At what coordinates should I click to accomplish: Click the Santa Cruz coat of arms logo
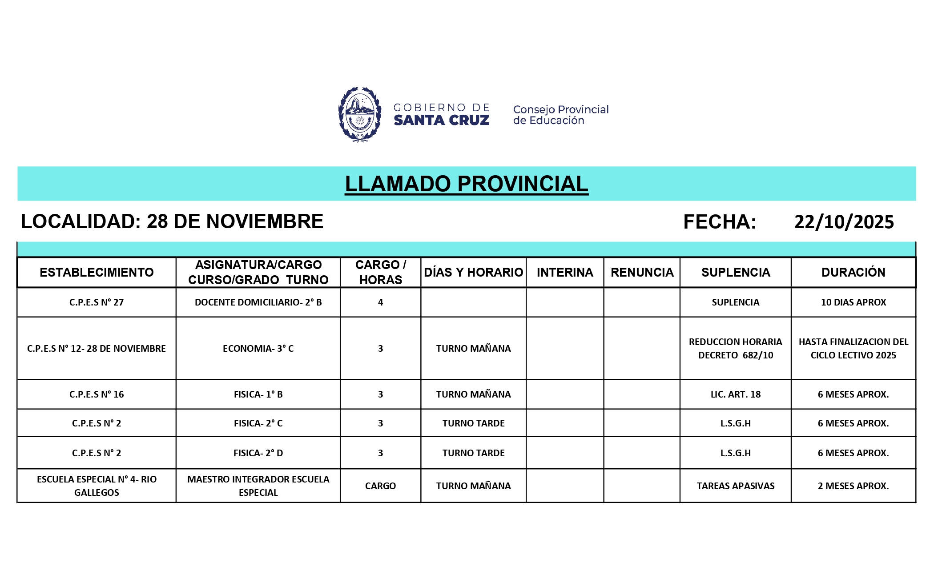click(x=359, y=114)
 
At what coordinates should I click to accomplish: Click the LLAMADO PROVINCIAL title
click(x=466, y=184)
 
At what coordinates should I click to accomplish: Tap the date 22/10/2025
click(x=844, y=222)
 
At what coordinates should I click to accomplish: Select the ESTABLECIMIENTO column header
click(x=97, y=272)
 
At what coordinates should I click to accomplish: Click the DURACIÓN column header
click(x=853, y=272)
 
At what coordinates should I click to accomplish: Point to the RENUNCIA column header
click(x=642, y=272)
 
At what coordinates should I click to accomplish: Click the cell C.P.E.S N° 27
click(x=97, y=302)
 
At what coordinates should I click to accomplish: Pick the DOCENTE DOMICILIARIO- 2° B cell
click(x=258, y=302)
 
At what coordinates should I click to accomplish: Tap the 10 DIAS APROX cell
click(x=853, y=302)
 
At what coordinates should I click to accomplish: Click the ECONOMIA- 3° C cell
click(x=258, y=349)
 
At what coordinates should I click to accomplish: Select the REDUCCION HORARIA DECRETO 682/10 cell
click(x=735, y=349)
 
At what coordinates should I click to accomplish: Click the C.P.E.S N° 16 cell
click(x=97, y=394)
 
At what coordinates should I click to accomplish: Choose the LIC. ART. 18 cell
click(x=735, y=394)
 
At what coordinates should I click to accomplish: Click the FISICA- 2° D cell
click(x=258, y=453)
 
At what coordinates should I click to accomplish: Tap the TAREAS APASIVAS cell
click(x=735, y=486)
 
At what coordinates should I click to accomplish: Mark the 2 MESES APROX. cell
click(x=853, y=486)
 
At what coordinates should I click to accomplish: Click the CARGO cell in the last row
click(x=380, y=486)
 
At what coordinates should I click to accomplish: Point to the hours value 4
click(x=380, y=302)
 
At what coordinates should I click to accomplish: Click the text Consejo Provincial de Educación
click(x=560, y=115)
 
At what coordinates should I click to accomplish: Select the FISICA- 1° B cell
click(x=258, y=394)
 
